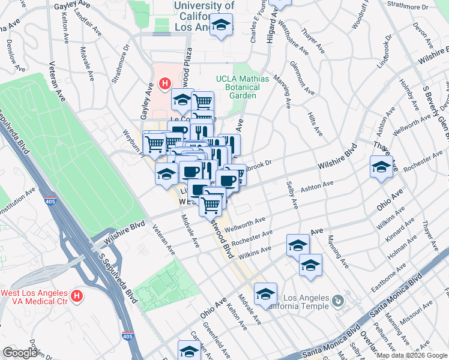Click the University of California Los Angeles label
pyautogui.click(x=204, y=16)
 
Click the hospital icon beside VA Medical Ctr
pyautogui.click(x=77, y=295)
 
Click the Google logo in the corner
pyautogui.click(x=20, y=352)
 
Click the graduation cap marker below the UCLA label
pyautogui.click(x=221, y=26)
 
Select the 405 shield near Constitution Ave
pyautogui.click(x=50, y=202)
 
